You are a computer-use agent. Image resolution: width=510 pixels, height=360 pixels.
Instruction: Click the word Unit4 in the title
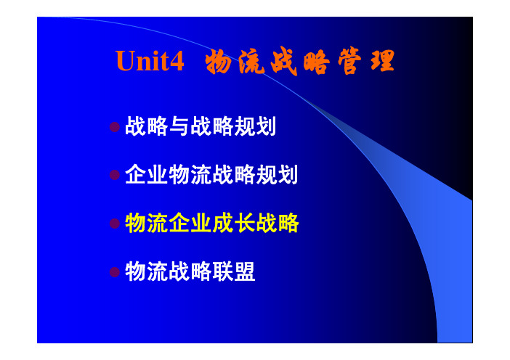coord(150,60)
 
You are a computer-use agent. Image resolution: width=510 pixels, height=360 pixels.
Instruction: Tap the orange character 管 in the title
coord(349,61)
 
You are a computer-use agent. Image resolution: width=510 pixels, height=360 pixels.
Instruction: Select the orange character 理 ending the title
coord(382,61)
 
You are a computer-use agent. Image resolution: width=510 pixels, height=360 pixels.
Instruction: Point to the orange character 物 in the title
coord(218,62)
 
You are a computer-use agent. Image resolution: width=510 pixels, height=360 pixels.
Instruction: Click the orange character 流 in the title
coord(251,62)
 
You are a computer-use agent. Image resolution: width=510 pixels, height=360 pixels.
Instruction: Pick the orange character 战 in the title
coord(284,62)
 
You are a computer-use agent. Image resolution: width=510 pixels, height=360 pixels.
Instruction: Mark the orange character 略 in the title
coord(317,62)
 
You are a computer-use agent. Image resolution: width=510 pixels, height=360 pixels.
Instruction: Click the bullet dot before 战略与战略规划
coord(115,127)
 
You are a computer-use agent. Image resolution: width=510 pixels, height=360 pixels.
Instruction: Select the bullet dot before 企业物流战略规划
coord(115,175)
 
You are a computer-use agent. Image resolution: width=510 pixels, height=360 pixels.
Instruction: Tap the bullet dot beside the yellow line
coord(115,224)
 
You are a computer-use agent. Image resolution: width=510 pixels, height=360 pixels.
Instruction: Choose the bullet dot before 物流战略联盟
coord(115,272)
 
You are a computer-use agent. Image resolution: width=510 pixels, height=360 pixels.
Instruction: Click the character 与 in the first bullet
coord(179,126)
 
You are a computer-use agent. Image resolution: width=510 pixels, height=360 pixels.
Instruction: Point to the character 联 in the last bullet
coord(223,271)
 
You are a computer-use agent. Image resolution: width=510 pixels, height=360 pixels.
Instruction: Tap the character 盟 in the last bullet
coord(245,271)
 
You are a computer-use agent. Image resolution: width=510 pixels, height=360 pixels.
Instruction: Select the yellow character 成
coord(223,224)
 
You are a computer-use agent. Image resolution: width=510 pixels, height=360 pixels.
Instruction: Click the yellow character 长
coord(245,224)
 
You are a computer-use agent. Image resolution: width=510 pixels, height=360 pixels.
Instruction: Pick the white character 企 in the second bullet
coord(136,174)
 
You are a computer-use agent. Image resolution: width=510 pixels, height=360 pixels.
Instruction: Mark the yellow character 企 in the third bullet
coord(179,224)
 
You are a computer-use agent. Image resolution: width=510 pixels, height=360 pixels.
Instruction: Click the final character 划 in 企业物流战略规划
coord(288,174)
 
